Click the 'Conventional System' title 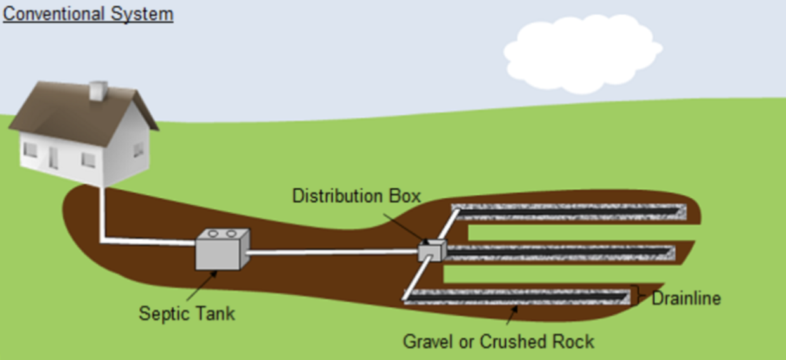[88, 15]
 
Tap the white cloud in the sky [583, 54]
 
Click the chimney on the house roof [98, 91]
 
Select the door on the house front [53, 158]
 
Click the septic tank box [222, 250]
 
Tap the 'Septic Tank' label [186, 313]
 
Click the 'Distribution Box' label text [356, 196]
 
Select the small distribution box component [432, 250]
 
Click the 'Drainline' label [686, 299]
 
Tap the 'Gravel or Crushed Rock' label [498, 342]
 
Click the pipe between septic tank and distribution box [333, 252]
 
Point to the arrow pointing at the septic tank [202, 286]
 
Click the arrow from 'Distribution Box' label [406, 229]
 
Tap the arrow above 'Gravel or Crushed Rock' [512, 315]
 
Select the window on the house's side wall [139, 150]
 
